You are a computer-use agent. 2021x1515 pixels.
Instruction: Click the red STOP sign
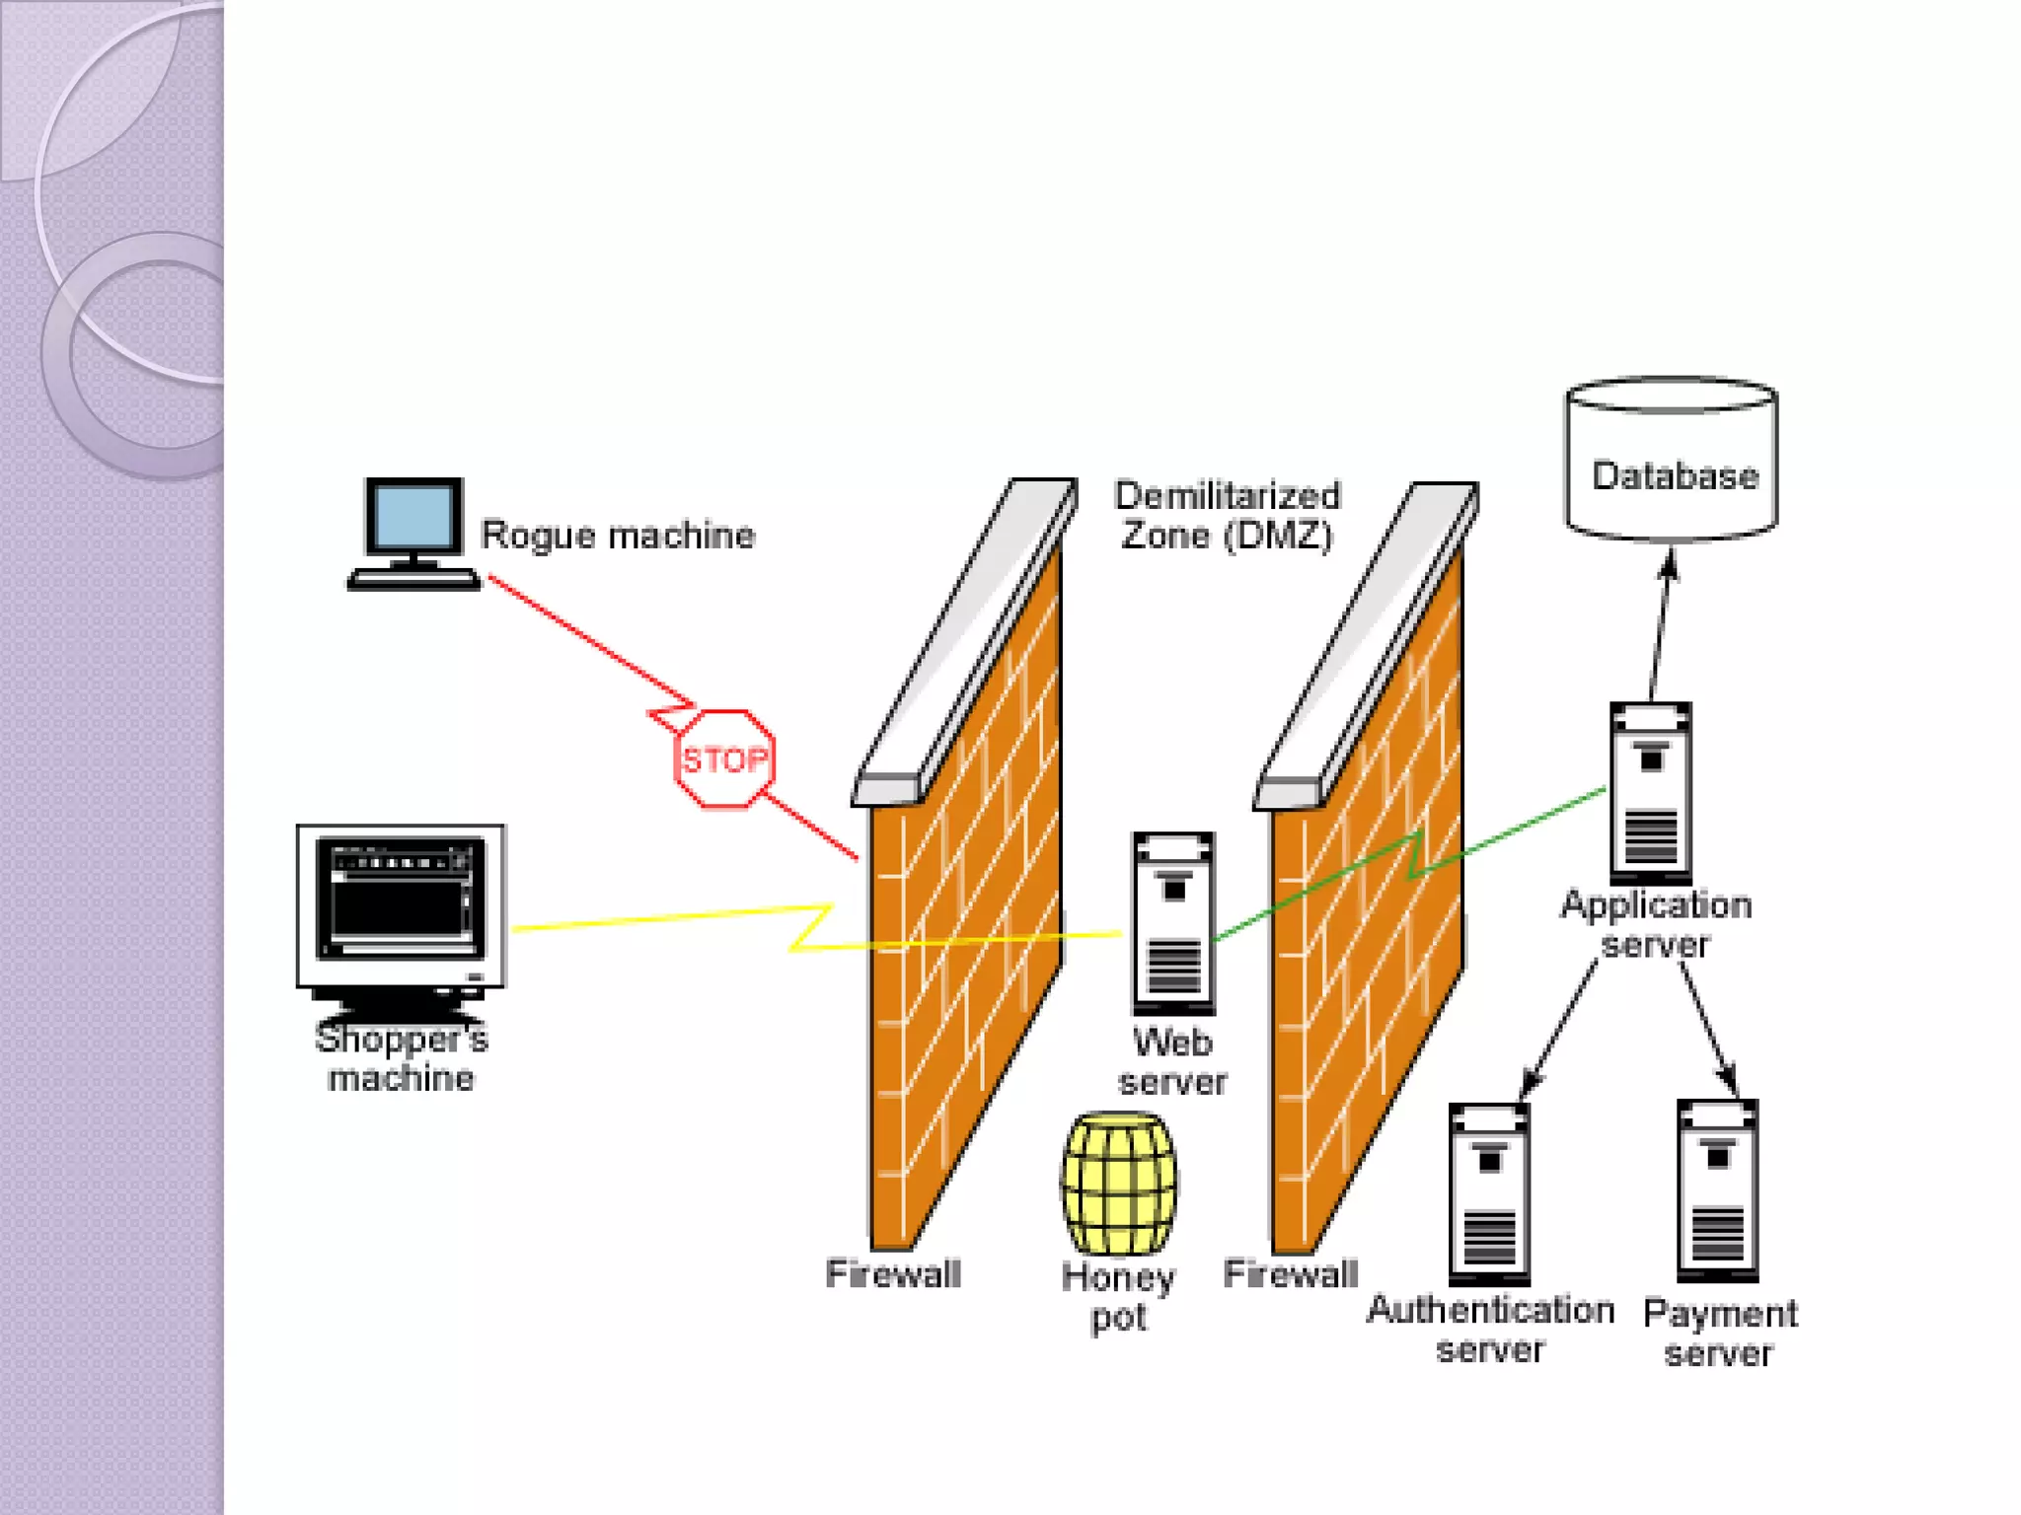725,759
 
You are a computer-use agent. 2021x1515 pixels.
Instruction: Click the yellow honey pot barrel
1119,1184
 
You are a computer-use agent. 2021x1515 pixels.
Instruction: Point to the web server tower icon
1173,923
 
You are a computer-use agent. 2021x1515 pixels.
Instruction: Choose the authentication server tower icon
1489,1193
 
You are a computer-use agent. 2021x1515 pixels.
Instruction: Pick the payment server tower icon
1718,1190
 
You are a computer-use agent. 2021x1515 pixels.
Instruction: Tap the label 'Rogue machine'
618,536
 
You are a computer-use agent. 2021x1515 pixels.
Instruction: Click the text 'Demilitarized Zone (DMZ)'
1227,516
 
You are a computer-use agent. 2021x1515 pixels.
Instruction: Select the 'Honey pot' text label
1118,1297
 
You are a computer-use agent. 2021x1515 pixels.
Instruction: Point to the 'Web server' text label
1172,1062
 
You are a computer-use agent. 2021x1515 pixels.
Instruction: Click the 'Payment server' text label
1719,1333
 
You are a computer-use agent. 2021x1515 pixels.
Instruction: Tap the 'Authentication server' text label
1490,1330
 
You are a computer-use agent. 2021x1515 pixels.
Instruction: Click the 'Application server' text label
1656,924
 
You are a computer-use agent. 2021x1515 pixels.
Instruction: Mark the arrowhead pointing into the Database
1669,563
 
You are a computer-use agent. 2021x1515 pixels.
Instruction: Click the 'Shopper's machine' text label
401,1058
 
